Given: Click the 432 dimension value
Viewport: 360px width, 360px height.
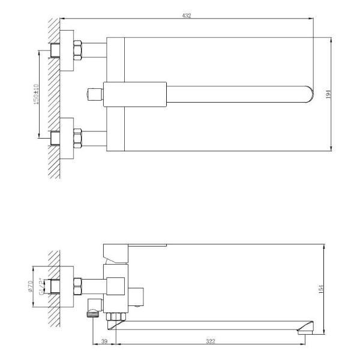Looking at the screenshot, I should [x=187, y=16].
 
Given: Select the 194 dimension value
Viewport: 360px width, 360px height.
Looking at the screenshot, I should [x=328, y=94].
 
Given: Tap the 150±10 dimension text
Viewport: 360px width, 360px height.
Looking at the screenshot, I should [x=36, y=94].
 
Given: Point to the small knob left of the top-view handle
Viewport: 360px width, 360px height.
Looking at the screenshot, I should [x=92, y=94].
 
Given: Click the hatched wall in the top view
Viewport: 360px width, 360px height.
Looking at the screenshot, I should [x=55, y=96].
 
